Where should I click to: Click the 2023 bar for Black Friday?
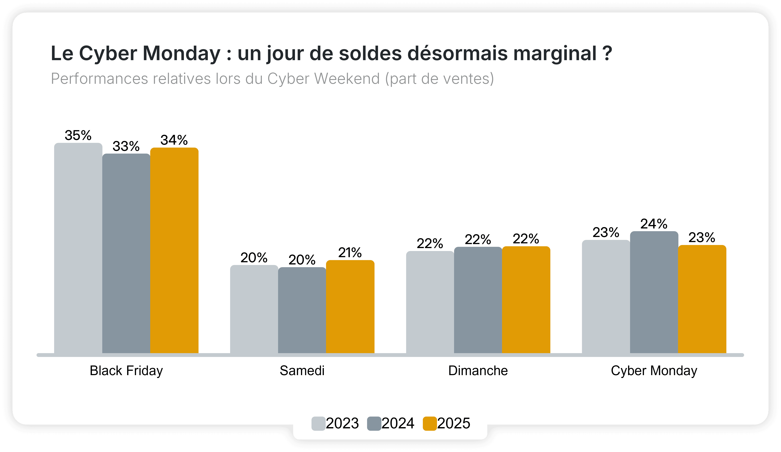(x=78, y=248)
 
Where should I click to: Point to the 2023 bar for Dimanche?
(x=430, y=302)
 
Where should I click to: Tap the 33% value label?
(x=126, y=146)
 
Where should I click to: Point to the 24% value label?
(x=654, y=224)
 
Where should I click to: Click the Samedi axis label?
(x=302, y=371)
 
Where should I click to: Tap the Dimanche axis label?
(x=478, y=371)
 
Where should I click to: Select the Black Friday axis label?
(x=126, y=371)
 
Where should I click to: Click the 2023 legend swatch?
(x=318, y=423)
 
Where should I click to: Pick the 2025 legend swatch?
(x=430, y=423)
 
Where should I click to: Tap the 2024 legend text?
(x=398, y=423)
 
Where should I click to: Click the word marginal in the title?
(x=555, y=54)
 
